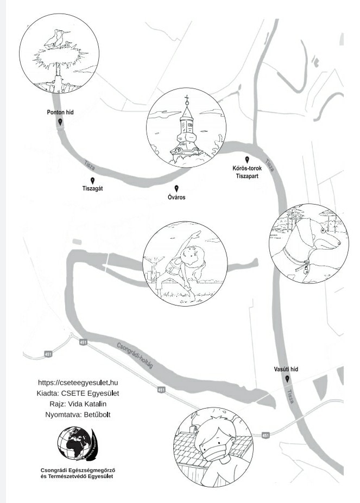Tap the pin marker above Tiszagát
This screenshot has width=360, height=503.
[x=92, y=181]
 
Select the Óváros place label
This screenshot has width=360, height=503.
[x=176, y=198]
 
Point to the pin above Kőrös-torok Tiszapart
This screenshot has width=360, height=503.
[x=247, y=160]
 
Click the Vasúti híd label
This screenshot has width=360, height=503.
[x=286, y=369]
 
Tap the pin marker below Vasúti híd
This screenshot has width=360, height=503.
[x=287, y=379]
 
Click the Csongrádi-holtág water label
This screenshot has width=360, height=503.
[x=135, y=355]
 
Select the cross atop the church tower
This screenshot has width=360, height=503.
[x=187, y=99]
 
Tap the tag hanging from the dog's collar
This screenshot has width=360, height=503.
[x=306, y=265]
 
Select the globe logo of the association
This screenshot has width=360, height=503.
[x=76, y=443]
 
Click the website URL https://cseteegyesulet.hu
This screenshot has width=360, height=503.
[x=78, y=383]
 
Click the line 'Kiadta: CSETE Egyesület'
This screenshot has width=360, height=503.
[x=78, y=393]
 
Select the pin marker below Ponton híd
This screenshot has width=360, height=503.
[x=60, y=123]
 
